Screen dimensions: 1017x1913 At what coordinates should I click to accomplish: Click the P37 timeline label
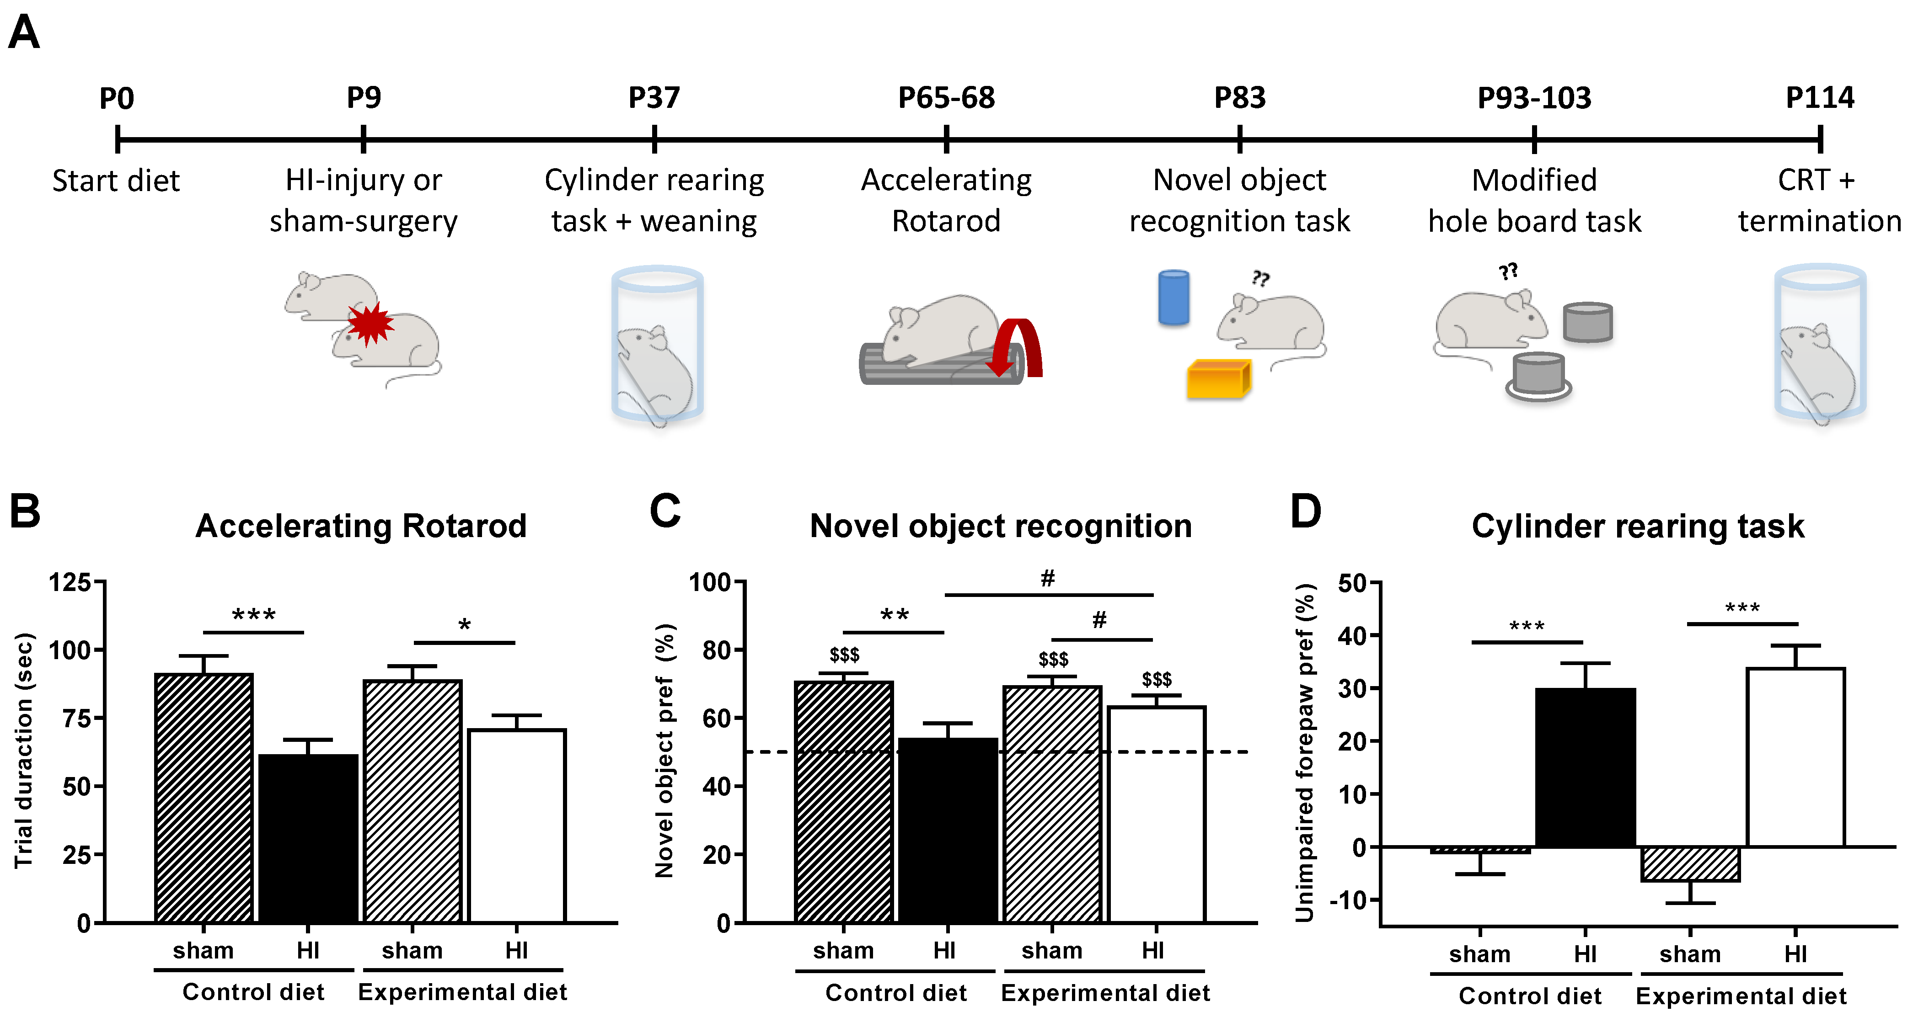coord(654,98)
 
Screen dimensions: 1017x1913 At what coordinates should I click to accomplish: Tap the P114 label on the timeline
coord(1819,98)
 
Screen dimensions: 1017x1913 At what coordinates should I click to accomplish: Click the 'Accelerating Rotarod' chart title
coord(361,526)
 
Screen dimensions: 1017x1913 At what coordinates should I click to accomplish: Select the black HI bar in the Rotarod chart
coord(308,838)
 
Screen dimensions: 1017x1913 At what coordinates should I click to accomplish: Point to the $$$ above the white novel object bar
coord(1156,679)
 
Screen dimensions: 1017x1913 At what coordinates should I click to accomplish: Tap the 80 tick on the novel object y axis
coord(717,650)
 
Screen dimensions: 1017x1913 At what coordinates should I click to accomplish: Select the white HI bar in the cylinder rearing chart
coord(1795,757)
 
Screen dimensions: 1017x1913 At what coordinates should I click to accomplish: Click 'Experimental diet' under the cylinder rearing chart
coord(1741,996)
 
